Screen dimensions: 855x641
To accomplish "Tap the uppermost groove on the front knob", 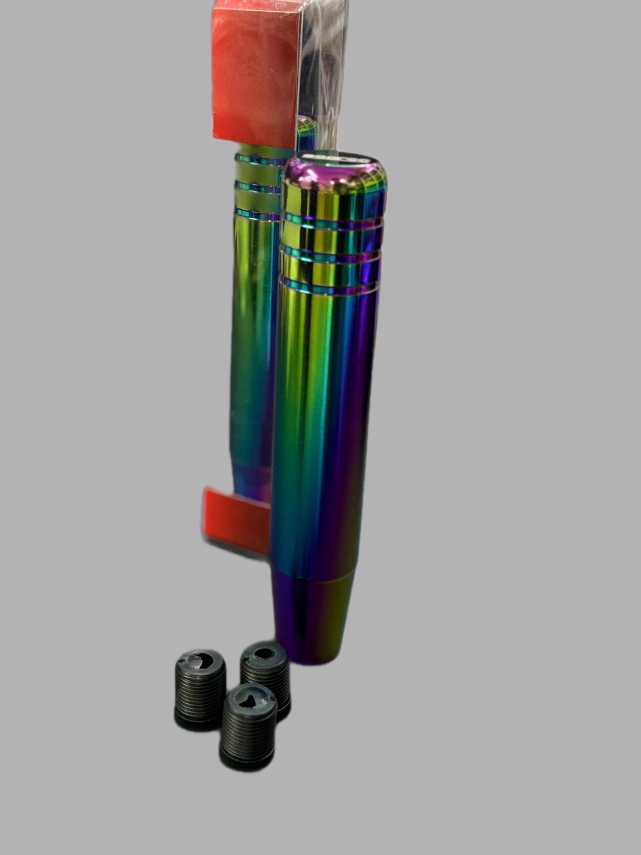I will [x=333, y=220].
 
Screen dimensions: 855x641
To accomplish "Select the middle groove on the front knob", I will [x=330, y=254].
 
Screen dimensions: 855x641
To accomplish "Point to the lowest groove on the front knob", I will [x=329, y=288].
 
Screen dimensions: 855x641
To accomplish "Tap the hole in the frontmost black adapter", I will [x=249, y=700].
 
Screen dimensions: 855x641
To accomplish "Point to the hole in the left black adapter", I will [x=202, y=661].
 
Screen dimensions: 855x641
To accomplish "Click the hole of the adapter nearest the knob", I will [x=265, y=653].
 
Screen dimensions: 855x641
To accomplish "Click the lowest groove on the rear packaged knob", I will [x=256, y=214].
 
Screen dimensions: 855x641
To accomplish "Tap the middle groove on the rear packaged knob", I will [x=258, y=186].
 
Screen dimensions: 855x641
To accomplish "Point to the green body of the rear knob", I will [x=251, y=334].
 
